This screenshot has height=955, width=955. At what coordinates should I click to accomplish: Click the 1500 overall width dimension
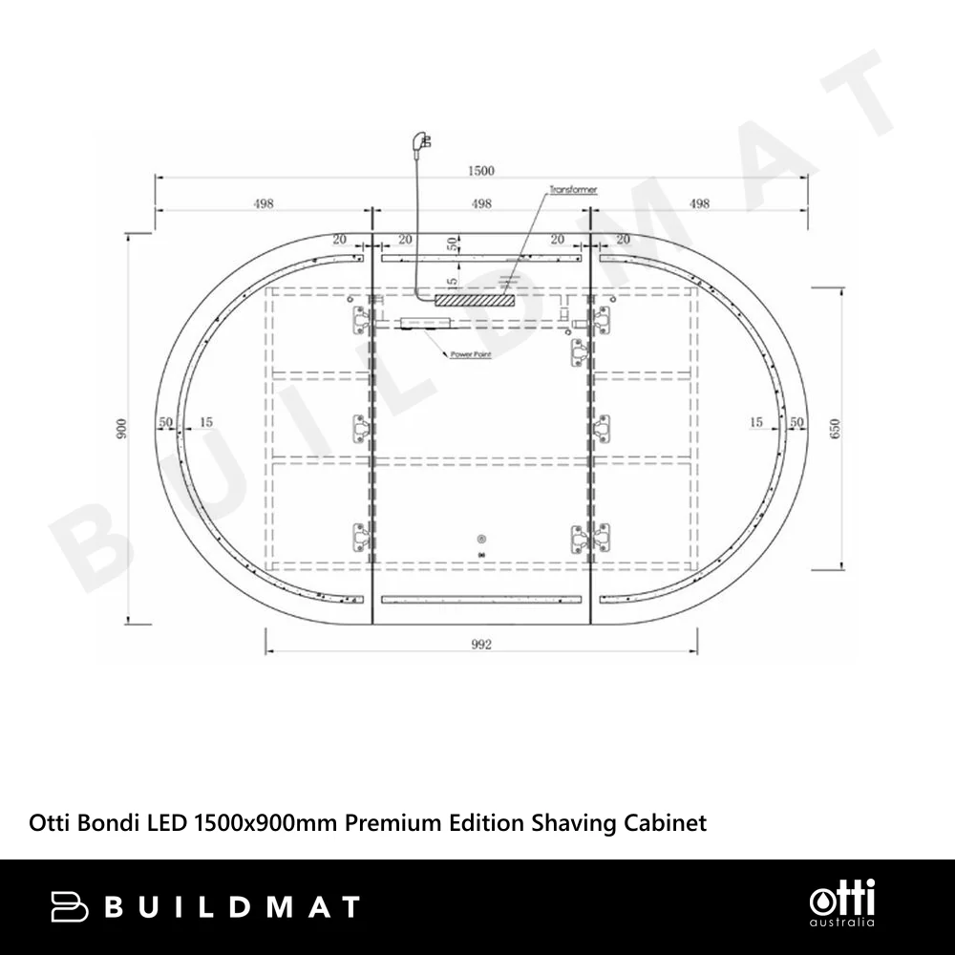coord(480,171)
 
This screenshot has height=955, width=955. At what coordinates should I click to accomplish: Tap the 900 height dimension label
coord(122,429)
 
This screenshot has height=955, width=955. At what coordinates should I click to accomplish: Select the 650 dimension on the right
coord(835,428)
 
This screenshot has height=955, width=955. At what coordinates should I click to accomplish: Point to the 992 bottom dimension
coord(481,645)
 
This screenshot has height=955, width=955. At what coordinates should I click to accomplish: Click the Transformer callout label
coord(573,190)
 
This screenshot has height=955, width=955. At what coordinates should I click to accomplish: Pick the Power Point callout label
coord(470,354)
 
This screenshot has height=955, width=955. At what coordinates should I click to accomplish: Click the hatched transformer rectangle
coord(475,300)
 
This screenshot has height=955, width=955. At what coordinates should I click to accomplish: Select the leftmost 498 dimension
coord(264,203)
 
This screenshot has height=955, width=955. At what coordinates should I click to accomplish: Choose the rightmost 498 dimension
coord(699,203)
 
